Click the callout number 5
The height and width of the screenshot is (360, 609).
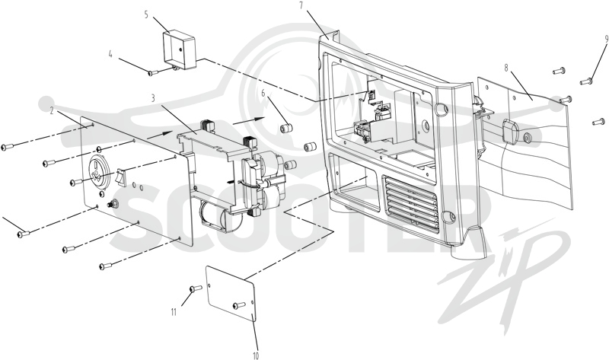[x=146, y=15]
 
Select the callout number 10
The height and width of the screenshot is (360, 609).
[x=256, y=355]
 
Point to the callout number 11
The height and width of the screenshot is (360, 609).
[x=174, y=311]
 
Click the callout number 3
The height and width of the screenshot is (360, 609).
[x=153, y=98]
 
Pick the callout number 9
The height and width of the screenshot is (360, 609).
[x=606, y=39]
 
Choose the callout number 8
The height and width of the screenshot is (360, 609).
[x=506, y=68]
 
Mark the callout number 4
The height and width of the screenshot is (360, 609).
[x=110, y=54]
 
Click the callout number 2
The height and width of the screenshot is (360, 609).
[x=51, y=110]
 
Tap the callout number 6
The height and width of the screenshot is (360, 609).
[x=263, y=93]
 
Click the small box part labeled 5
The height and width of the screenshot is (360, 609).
[x=179, y=51]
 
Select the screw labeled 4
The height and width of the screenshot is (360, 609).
[x=154, y=72]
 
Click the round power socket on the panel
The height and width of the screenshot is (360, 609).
[x=97, y=173]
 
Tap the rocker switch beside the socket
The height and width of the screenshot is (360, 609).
[x=120, y=177]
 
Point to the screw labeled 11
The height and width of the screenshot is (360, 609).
[x=196, y=288]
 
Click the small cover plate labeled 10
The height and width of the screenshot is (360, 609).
[x=231, y=294]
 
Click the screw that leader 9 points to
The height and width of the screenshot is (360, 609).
[x=585, y=81]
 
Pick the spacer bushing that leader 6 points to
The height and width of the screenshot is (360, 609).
[x=286, y=128]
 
